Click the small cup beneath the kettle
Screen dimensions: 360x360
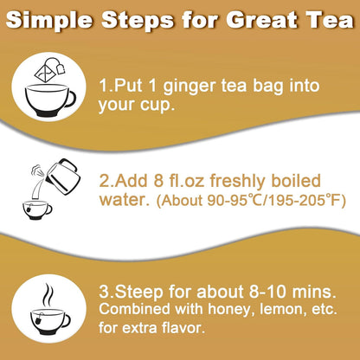point(37,209)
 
